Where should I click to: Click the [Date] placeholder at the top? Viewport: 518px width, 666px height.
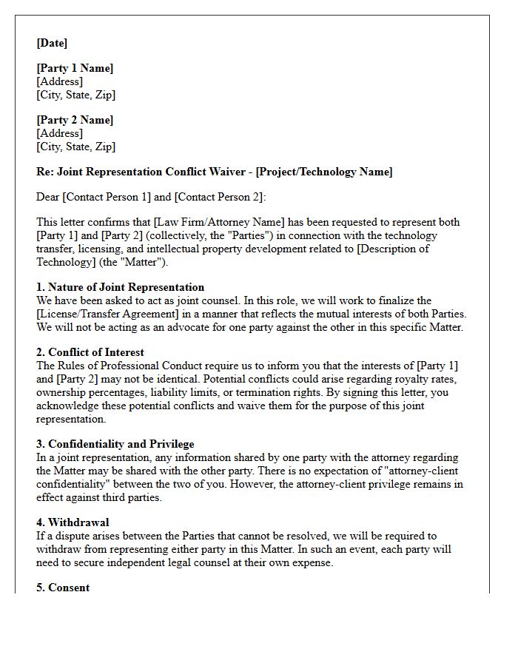coord(52,44)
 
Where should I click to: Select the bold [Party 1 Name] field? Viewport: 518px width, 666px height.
coord(75,69)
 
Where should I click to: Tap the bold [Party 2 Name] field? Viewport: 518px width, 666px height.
coord(75,121)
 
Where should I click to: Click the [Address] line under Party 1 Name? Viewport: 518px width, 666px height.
coord(59,82)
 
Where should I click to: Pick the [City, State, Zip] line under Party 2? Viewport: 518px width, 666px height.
coord(75,147)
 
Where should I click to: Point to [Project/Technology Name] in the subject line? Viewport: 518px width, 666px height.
coord(324,172)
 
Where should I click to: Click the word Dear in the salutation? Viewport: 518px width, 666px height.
coord(49,197)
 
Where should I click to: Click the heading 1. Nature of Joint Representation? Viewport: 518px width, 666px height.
coord(120,287)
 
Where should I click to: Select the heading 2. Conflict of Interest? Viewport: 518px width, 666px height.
coord(90,352)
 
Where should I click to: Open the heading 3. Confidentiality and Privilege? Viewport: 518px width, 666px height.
coord(115,444)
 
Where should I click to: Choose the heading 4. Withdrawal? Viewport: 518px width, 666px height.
coord(73,522)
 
